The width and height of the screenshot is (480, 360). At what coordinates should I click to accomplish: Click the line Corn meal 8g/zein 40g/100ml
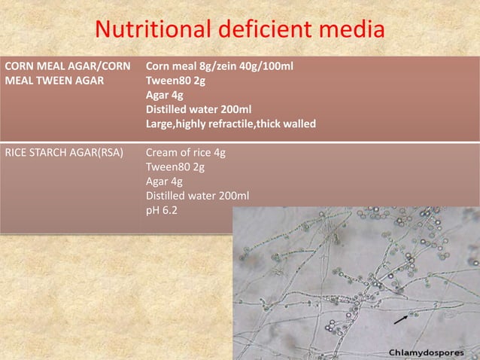coord(219,66)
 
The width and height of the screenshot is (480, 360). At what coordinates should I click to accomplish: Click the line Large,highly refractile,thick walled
coord(230,124)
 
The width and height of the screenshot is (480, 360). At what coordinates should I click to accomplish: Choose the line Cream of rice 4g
coord(185,153)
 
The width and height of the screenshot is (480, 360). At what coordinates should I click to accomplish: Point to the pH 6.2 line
coord(162,210)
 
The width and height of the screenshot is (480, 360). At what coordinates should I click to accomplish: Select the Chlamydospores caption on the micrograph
coord(430,352)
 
